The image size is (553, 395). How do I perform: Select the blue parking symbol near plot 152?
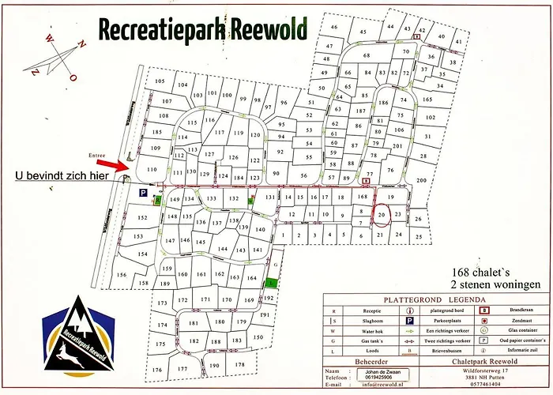click(x=143, y=193)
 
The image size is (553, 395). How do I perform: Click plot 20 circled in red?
click(x=382, y=214)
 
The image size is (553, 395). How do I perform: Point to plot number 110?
click(x=152, y=170)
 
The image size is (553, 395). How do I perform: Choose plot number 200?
click(x=420, y=181)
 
